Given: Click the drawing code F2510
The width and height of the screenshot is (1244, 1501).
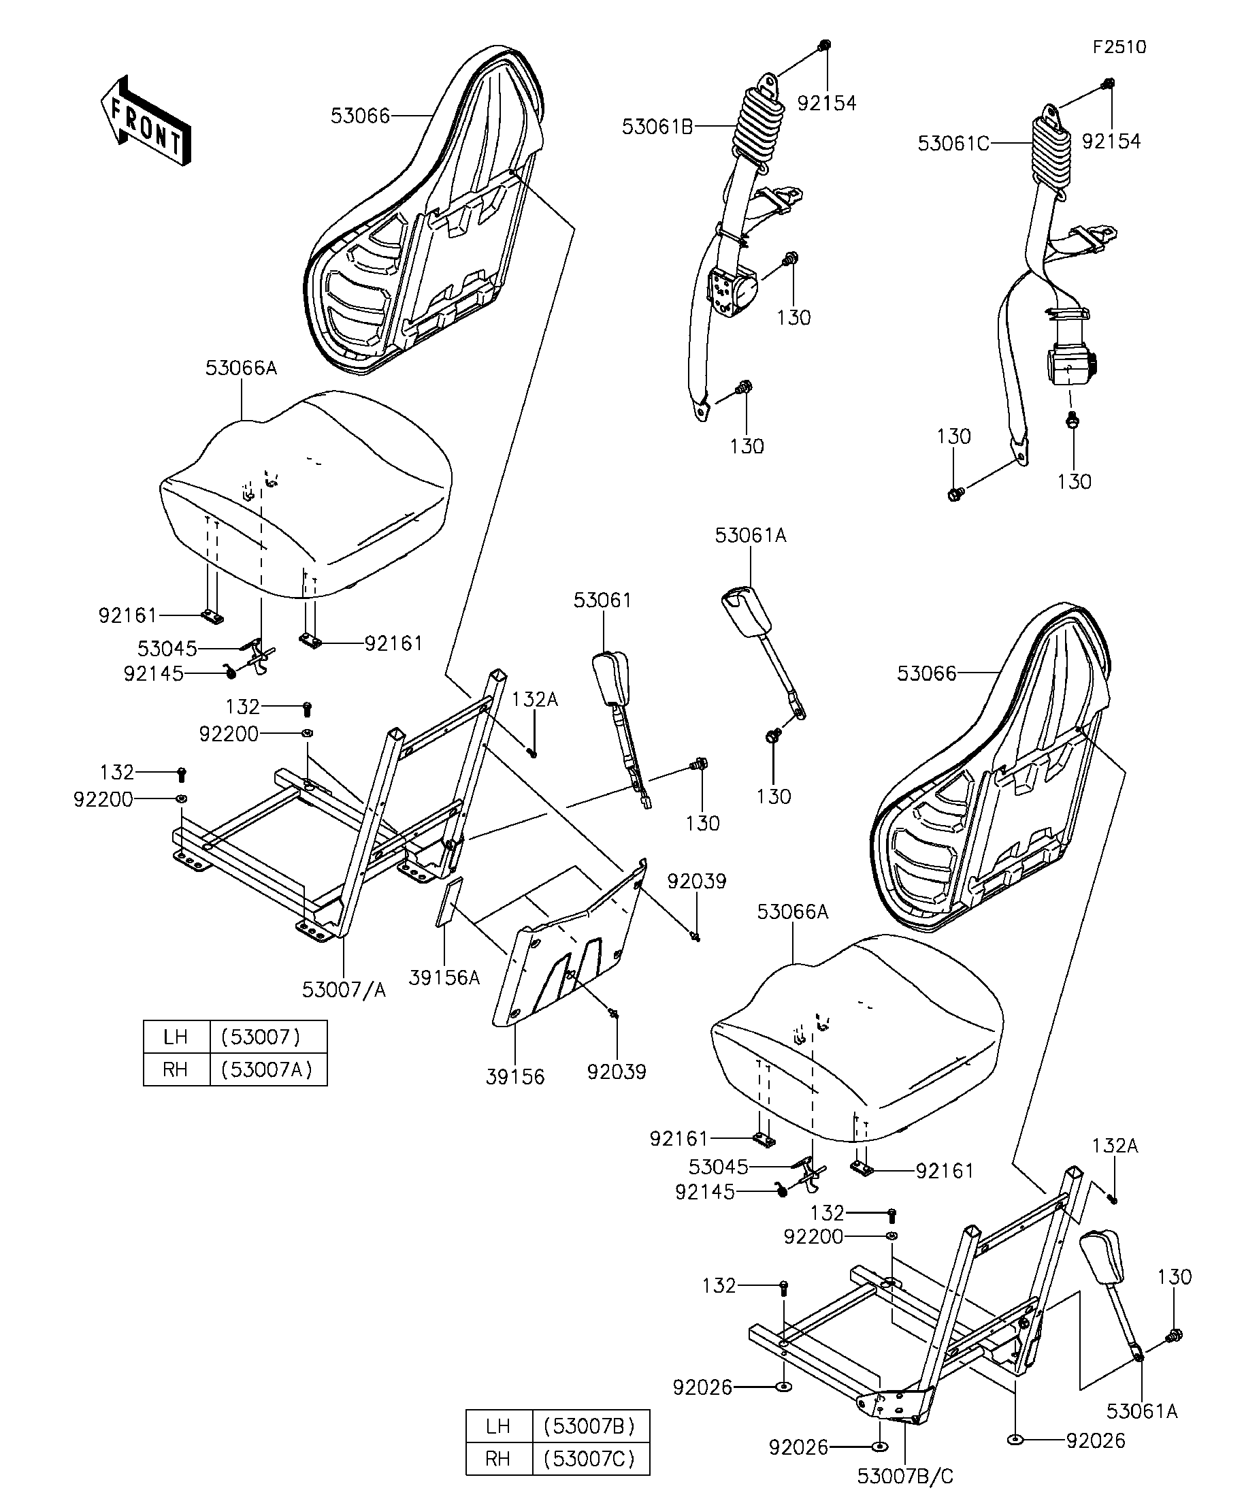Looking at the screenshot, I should (x=1119, y=47).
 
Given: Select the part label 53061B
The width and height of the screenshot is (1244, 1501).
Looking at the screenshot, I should (x=657, y=127).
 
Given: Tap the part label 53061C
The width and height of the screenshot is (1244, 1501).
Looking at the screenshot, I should (x=953, y=144).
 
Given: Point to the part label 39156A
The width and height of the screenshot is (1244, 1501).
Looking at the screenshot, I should (x=444, y=978).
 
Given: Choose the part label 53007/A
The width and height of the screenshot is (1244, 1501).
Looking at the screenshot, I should (x=344, y=990).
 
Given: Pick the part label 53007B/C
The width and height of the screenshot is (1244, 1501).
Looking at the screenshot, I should (x=905, y=1476).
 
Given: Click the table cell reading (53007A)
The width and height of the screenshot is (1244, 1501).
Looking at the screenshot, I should (x=268, y=1069).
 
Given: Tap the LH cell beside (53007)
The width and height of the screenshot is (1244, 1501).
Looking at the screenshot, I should (x=176, y=1036).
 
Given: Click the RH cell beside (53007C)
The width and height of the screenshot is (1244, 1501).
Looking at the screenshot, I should (x=498, y=1458).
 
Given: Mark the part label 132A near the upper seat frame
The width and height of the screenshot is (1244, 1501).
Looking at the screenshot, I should (x=534, y=700).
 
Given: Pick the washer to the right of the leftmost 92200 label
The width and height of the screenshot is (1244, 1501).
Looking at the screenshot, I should (x=182, y=798).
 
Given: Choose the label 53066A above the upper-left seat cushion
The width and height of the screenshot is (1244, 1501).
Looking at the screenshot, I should (x=241, y=369).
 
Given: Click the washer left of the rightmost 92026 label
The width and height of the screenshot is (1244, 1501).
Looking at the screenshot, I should (x=1015, y=1440).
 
